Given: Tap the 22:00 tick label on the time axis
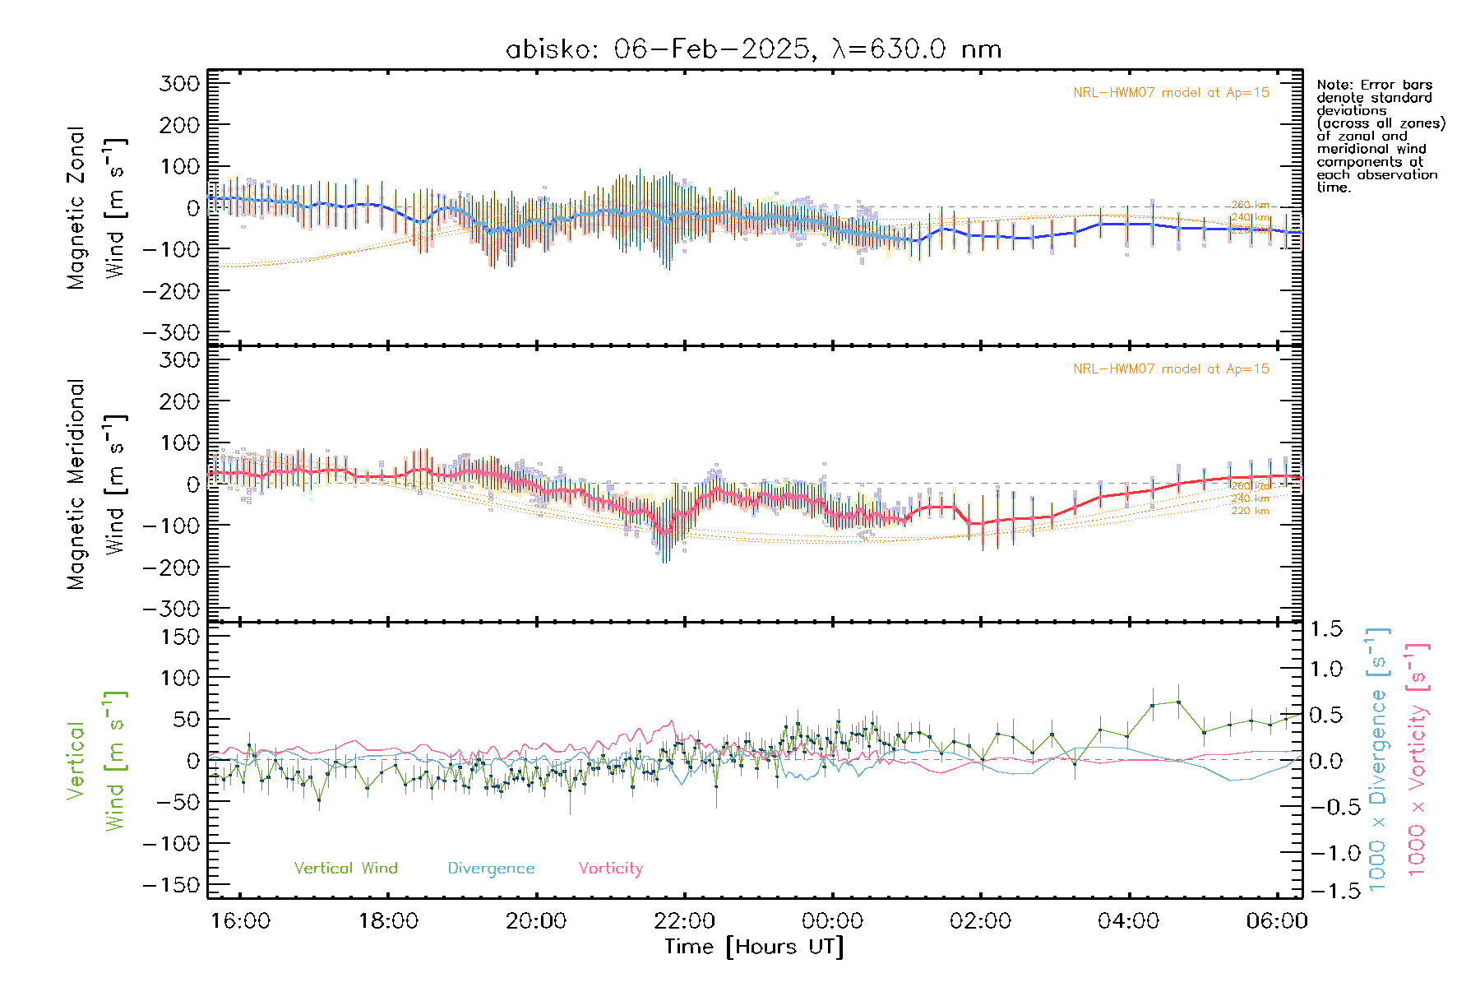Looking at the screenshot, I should click(684, 920).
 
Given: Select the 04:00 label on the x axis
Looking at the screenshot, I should click(1128, 920).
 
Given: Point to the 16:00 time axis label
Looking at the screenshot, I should click(240, 920).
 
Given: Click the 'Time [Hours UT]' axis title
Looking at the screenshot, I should click(754, 947).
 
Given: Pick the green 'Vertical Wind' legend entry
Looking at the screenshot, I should click(345, 868).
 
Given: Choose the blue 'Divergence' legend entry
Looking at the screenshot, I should click(491, 868).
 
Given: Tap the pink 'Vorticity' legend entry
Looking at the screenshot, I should click(610, 868).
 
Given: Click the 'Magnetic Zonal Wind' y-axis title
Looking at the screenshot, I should click(97, 208).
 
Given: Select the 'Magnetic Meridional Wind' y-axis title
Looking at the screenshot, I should click(97, 484).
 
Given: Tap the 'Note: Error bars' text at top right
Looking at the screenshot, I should click(1374, 85).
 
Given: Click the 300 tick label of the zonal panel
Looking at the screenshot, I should click(179, 83).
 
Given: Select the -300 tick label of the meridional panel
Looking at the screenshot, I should click(171, 609).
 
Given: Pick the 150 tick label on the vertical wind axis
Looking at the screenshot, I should click(179, 637).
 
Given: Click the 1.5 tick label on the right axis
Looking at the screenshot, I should click(1326, 629).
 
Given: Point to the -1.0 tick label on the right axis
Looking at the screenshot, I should click(1326, 853).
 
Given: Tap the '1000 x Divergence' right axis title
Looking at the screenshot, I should click(1377, 759).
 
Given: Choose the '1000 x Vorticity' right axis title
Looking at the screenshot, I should click(1417, 759).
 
